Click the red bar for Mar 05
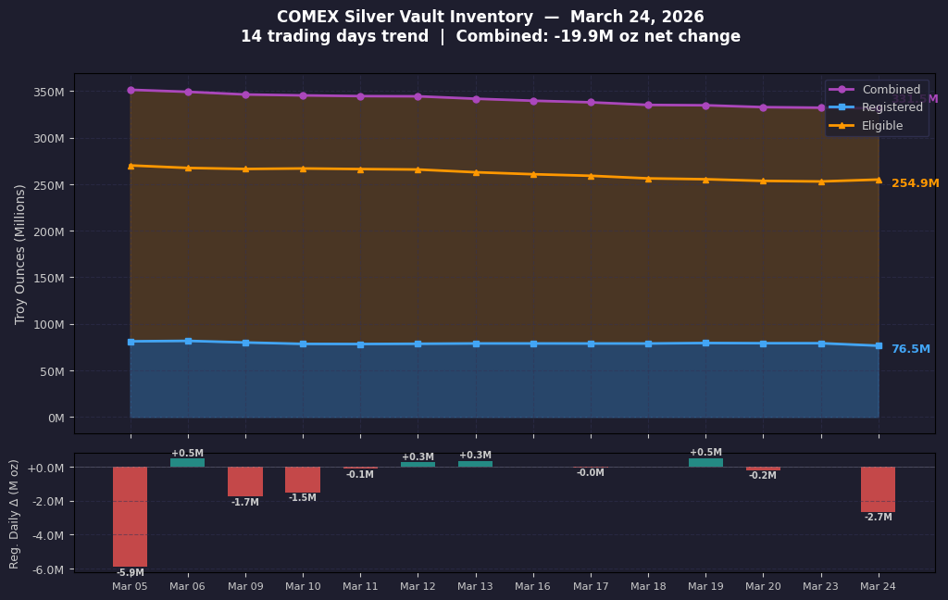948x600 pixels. pos(131,516)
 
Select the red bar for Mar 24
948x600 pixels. pos(878,489)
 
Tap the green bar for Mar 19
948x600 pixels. pos(705,462)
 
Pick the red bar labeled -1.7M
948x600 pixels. pos(245,481)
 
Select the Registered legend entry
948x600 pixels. pos(892,107)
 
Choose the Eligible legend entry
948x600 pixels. pos(881,125)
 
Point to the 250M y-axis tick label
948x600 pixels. pos(47,185)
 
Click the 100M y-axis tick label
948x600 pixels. pos(47,325)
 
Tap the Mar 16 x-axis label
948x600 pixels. pos(532,587)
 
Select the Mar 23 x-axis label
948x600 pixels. pos(820,587)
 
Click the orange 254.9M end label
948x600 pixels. pos(915,183)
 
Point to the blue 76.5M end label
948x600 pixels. pos(910,349)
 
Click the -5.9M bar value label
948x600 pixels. pos(131,573)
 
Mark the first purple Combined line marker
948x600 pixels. pos(131,90)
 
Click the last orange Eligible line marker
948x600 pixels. pos(878,180)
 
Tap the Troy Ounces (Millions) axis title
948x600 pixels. pos(20,254)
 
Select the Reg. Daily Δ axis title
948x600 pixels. pos(15,513)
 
